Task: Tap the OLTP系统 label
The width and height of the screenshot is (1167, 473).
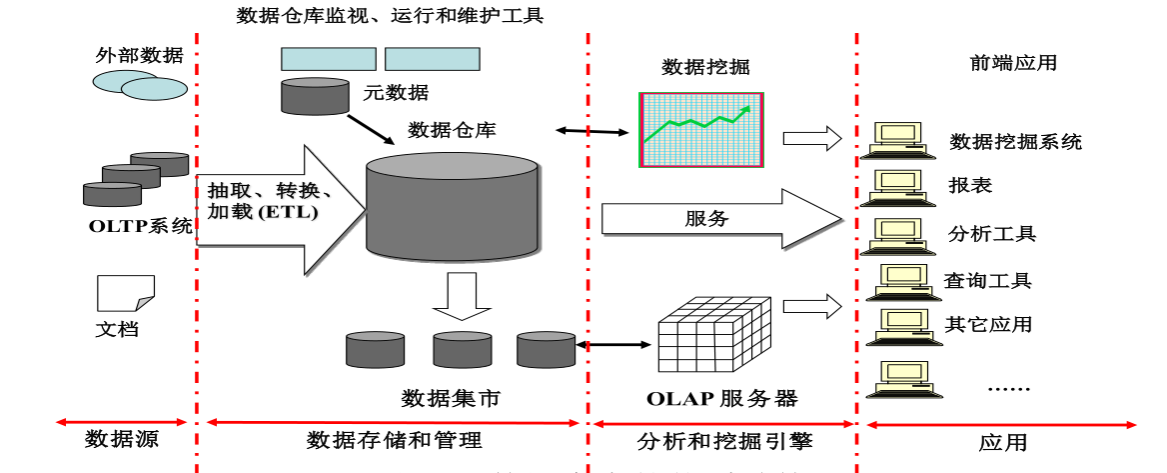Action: pyautogui.click(x=140, y=226)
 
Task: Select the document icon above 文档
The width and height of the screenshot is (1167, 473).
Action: pyautogui.click(x=125, y=293)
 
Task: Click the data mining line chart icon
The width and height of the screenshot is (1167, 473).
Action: pyautogui.click(x=701, y=130)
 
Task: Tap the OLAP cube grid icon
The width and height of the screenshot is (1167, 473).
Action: pyautogui.click(x=715, y=335)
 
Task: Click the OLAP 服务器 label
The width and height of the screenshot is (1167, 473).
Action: pyautogui.click(x=721, y=398)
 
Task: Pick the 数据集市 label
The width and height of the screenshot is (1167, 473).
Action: pyautogui.click(x=451, y=398)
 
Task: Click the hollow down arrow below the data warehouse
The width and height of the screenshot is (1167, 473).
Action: pyautogui.click(x=455, y=297)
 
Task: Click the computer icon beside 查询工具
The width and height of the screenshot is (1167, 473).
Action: pyautogui.click(x=895, y=283)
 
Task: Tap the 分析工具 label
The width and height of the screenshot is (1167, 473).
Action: pyautogui.click(x=992, y=234)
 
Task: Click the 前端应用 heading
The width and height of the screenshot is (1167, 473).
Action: pyautogui.click(x=1013, y=63)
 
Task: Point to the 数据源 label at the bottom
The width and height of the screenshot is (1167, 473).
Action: pyautogui.click(x=122, y=439)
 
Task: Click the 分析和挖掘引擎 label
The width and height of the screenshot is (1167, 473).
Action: pyautogui.click(x=724, y=440)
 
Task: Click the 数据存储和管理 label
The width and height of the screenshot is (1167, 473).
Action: pyautogui.click(x=394, y=440)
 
